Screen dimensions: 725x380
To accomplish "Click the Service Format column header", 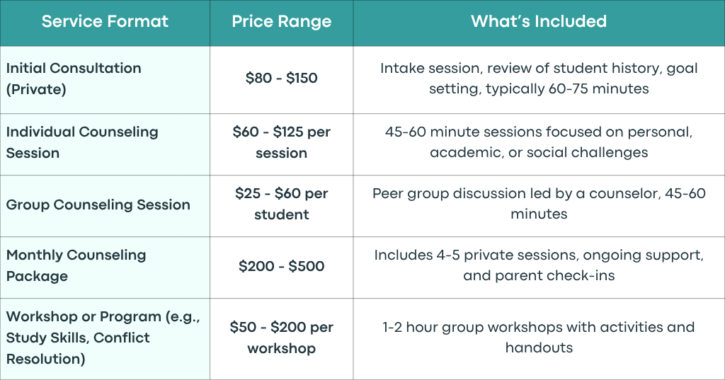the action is point(105,21).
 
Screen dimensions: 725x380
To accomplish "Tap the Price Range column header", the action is point(282,21).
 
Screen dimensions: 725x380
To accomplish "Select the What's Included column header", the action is point(539,21).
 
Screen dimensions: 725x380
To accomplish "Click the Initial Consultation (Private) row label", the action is point(74,79).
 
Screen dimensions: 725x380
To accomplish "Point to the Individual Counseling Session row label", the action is point(82,142).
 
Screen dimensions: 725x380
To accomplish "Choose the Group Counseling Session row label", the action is point(98,205).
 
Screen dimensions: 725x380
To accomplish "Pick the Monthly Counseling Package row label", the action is point(76,265).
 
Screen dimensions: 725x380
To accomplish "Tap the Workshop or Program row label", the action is point(103,338).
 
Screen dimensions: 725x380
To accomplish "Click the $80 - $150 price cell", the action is point(282,78).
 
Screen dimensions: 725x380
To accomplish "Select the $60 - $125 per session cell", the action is point(282,142).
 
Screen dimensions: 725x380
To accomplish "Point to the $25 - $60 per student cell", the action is point(282,204).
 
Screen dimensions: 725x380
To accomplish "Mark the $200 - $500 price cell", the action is point(282,266).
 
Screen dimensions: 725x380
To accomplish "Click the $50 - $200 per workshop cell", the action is point(282,338).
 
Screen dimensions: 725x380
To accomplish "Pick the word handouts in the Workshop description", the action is point(539,347).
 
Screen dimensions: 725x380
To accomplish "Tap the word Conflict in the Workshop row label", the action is point(121,338).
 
